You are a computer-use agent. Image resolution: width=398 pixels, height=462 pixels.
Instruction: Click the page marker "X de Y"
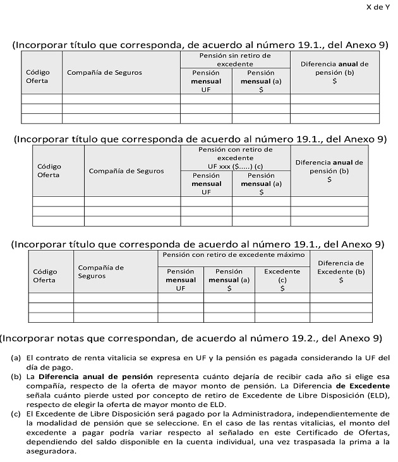(x=377, y=7)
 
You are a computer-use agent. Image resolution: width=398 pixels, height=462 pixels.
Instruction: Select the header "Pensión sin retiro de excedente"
(x=235, y=59)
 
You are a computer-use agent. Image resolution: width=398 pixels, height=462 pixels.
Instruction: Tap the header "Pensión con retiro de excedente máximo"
(x=233, y=254)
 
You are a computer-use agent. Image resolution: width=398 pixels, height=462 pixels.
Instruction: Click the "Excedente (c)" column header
(x=282, y=280)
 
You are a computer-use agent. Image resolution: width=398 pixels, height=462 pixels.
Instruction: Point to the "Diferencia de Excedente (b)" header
(x=341, y=271)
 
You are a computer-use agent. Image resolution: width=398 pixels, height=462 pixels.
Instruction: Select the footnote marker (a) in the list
(x=16, y=357)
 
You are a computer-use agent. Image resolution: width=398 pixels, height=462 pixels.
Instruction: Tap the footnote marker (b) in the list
(x=16, y=377)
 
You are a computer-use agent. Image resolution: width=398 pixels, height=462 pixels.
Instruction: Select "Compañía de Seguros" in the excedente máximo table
(x=100, y=272)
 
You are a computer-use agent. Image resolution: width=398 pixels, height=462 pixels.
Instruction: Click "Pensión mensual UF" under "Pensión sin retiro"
(x=206, y=81)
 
